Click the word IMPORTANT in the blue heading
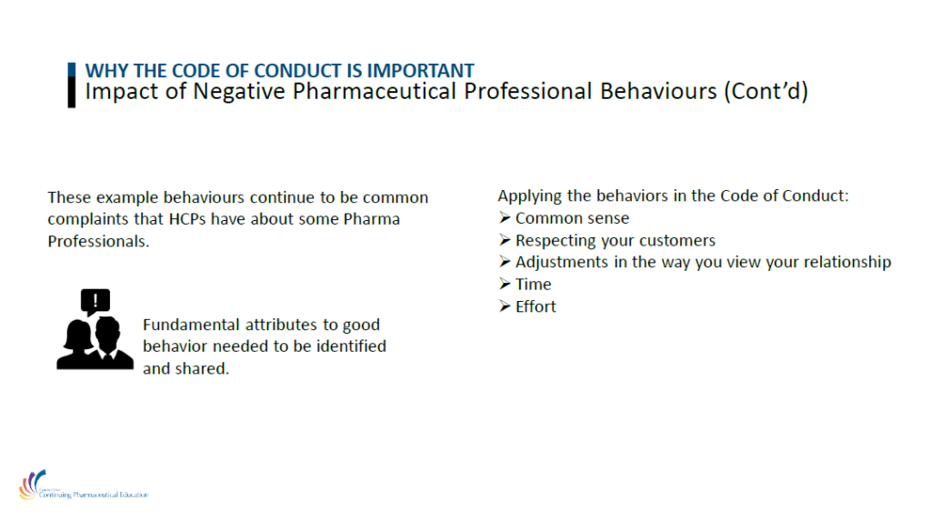click(420, 71)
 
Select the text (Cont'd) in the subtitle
click(766, 92)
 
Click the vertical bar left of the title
click(72, 85)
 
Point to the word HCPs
click(187, 219)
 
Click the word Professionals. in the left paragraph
click(98, 242)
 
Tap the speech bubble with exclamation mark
click(95, 302)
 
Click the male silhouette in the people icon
click(110, 345)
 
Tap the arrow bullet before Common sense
click(505, 218)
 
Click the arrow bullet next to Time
click(505, 284)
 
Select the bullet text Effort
click(536, 306)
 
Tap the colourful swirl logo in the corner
click(32, 484)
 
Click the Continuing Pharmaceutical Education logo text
click(94, 494)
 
